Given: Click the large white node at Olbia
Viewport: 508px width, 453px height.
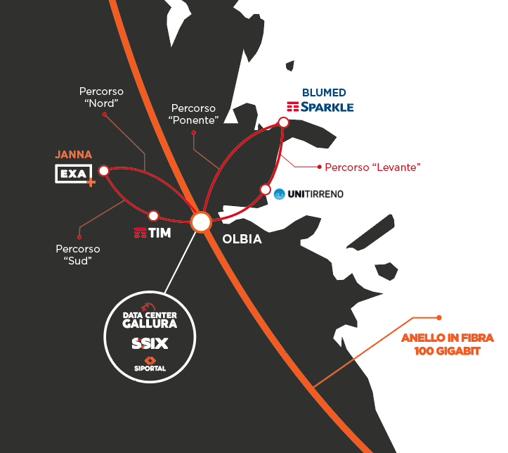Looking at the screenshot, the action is click(x=201, y=222).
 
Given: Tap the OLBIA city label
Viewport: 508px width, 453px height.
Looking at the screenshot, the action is click(x=242, y=239).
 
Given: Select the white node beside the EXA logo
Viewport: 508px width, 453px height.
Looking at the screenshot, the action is click(x=104, y=170).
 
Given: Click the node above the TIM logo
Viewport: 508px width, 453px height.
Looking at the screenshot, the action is click(x=153, y=216).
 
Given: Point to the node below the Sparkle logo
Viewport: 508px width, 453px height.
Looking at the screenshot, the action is click(x=283, y=122).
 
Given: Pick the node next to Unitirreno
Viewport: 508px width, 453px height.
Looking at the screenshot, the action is click(x=266, y=190).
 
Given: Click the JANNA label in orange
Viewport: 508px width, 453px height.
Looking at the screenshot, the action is click(x=74, y=155).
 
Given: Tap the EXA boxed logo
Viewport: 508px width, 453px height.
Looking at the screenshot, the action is click(x=75, y=175).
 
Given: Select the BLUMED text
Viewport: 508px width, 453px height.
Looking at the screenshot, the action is click(x=324, y=93).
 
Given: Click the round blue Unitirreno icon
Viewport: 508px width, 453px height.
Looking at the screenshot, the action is click(x=279, y=194).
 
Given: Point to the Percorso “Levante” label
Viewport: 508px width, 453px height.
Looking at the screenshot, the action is click(x=372, y=167).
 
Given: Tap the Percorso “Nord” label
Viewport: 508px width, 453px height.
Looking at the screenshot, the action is click(x=101, y=97).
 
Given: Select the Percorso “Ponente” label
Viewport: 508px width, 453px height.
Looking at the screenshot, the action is click(x=193, y=114).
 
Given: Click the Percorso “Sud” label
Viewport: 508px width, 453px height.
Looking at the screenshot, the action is click(x=78, y=255).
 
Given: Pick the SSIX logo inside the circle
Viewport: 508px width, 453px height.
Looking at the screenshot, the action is click(x=150, y=343).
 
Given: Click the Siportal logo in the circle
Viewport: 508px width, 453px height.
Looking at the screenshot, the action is click(x=150, y=364).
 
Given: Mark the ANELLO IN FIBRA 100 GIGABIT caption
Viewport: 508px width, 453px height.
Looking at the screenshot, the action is click(x=448, y=345).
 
